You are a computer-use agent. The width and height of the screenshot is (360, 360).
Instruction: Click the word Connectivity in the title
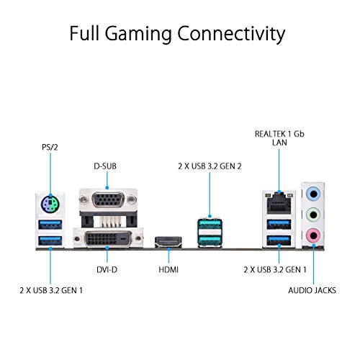tap(232, 33)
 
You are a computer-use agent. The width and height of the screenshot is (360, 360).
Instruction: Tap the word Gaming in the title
tap(146, 33)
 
